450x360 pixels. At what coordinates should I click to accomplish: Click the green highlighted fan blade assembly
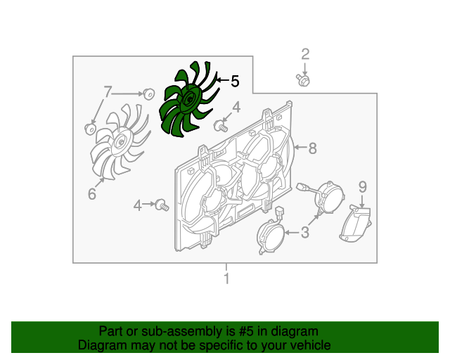click(x=188, y=99)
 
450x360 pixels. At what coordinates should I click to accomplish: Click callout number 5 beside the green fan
click(x=235, y=82)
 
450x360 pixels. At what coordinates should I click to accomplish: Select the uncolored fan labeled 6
click(x=119, y=142)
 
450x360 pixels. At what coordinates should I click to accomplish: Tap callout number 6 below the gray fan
click(x=92, y=194)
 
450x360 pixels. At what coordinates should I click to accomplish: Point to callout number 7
click(x=107, y=92)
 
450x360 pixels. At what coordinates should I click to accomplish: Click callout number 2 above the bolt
click(x=305, y=54)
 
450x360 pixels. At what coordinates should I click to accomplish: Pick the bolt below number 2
click(x=303, y=80)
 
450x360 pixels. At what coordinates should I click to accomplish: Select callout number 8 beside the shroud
click(x=312, y=148)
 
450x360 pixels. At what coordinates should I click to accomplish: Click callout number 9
click(x=363, y=187)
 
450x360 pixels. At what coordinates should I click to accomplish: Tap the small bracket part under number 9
click(x=356, y=224)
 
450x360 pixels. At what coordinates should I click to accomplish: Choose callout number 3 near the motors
click(x=304, y=232)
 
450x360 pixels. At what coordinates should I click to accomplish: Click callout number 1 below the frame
click(x=226, y=278)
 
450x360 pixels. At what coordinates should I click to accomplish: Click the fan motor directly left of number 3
click(x=271, y=233)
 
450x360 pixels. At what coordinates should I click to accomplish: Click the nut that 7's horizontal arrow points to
click(x=148, y=94)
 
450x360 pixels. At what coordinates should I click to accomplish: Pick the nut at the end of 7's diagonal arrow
click(x=91, y=129)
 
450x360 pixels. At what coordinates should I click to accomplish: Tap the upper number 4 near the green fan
click(x=236, y=108)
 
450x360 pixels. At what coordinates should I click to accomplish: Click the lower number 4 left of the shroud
click(x=138, y=205)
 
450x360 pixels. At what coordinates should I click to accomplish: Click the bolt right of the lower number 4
click(x=162, y=205)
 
